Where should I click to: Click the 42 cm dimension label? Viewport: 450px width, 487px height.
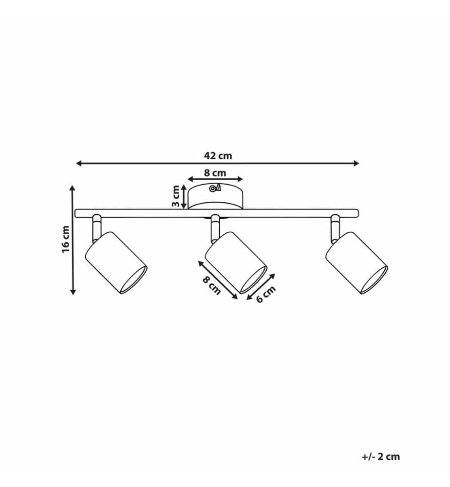tap(218, 156)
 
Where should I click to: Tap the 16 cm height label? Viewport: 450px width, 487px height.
tap(66, 240)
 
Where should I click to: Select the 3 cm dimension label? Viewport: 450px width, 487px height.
tap(176, 196)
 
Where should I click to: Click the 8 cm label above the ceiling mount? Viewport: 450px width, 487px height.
tap(215, 173)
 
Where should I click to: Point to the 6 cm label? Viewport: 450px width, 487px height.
tap(266, 294)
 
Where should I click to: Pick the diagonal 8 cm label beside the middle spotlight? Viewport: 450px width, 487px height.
tap(211, 285)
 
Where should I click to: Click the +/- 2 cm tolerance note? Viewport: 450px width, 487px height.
tap(381, 457)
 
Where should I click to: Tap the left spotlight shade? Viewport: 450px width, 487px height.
tap(116, 263)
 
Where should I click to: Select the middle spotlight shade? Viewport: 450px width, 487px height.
tap(236, 263)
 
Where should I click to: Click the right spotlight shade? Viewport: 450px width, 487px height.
tap(356, 263)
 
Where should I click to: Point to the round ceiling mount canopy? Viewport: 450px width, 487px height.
tap(216, 196)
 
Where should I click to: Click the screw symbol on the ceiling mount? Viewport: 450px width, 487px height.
tap(215, 188)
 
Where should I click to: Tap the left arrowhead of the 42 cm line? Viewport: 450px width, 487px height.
tap(79, 163)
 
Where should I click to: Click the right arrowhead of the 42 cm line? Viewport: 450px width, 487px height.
tap(356, 163)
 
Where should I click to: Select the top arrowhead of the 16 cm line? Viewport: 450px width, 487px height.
tap(73, 188)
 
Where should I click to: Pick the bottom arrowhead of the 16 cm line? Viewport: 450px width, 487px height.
tap(73, 292)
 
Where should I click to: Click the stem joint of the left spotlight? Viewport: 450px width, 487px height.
tap(96, 228)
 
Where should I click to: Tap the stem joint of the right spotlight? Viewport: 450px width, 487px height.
tap(336, 228)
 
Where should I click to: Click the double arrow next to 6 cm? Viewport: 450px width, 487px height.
tap(261, 287)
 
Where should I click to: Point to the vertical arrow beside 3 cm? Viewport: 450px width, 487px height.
tap(184, 197)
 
